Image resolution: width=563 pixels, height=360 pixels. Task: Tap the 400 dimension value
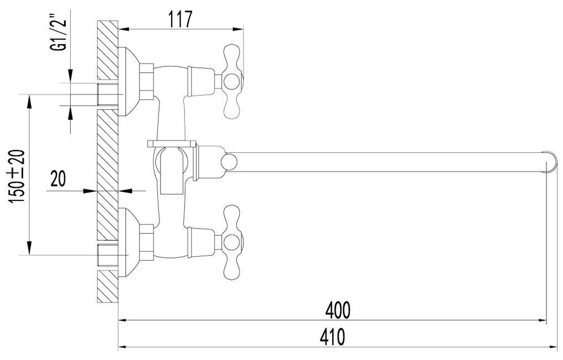[338, 310]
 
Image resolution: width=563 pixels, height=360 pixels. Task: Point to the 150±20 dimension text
[17, 174]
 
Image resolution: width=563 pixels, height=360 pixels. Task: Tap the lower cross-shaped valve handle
[232, 240]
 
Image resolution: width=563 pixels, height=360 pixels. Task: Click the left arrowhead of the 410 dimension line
[123, 347]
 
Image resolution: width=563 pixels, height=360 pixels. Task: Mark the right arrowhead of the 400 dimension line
[543, 320]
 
